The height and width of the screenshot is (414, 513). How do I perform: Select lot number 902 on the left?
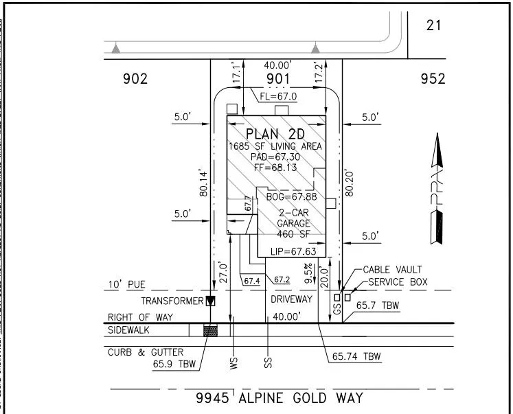[135, 79]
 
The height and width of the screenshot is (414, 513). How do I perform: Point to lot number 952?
[433, 79]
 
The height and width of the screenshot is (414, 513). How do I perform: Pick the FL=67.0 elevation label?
[278, 97]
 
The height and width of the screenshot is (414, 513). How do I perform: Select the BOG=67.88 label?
[291, 197]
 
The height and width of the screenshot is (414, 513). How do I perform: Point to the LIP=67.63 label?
[293, 251]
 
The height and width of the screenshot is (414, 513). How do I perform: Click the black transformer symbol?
[211, 301]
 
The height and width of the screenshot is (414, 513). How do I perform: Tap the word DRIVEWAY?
[290, 299]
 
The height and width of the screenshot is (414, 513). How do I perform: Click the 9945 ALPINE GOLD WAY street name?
[279, 398]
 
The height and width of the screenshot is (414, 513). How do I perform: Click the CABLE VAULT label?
[392, 270]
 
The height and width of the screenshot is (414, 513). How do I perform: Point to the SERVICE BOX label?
[398, 282]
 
